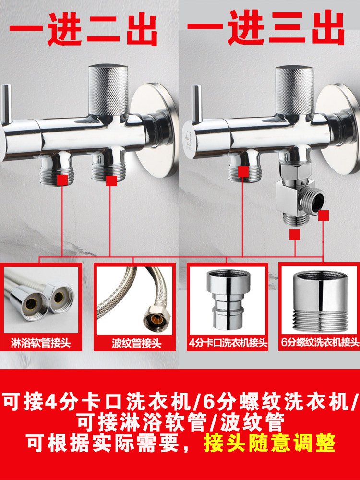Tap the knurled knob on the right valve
pyautogui.click(x=294, y=90)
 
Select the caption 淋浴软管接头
pyautogui.click(x=41, y=343)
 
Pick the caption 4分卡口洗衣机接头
pyautogui.click(x=228, y=343)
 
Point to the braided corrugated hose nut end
pyautogui.click(x=156, y=319)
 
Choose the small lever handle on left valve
pyautogui.click(x=6, y=104)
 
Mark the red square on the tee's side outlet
pyautogui.click(x=323, y=215)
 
